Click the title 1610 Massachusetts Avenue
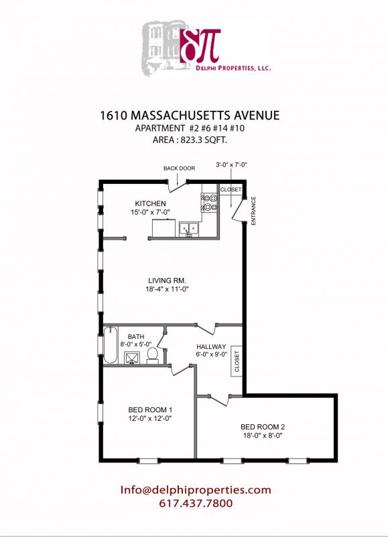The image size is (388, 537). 189,115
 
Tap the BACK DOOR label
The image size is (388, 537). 179,168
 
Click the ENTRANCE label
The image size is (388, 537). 253,210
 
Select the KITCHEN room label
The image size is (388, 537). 150,203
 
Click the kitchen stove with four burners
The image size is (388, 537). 208,202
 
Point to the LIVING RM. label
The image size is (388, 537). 167,281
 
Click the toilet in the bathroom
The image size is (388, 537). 153,354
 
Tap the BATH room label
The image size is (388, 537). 136,335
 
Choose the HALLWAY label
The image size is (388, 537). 212,347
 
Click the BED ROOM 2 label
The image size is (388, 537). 263,426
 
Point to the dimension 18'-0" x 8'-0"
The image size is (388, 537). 263,435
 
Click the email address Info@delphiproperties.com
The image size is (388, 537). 196,490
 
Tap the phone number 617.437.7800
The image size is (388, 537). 196,503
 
